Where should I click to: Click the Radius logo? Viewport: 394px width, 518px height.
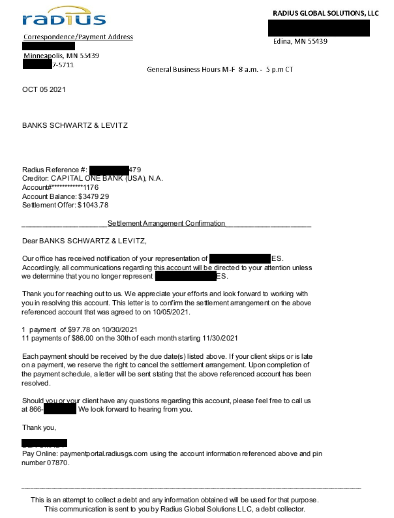point(63,19)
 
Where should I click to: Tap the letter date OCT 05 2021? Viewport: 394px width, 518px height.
point(44,89)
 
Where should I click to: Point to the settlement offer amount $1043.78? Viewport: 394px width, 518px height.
point(93,205)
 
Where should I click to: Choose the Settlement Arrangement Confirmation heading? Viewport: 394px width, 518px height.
point(166,223)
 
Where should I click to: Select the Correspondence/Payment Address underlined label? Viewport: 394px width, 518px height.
point(78,37)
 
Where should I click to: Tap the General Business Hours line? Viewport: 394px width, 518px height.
point(219,69)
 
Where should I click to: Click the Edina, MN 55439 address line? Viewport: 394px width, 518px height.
point(300,41)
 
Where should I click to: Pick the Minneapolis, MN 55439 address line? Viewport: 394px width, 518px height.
point(61,55)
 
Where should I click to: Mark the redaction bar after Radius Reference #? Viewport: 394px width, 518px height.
point(109,170)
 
